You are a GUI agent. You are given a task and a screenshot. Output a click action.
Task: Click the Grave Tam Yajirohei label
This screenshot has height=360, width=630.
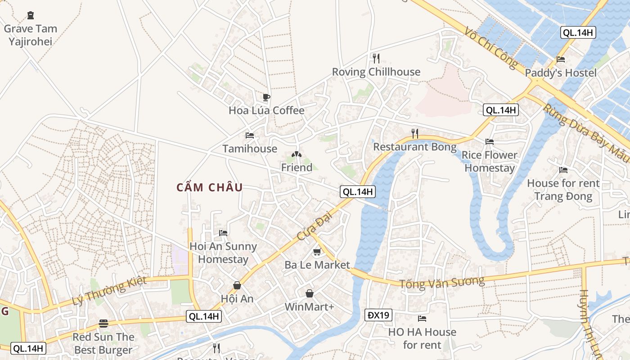click(x=31, y=35)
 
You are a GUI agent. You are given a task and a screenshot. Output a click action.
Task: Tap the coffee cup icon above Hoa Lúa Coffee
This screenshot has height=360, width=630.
click(x=266, y=97)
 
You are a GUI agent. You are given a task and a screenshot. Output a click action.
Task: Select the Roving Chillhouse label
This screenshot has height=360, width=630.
click(x=376, y=72)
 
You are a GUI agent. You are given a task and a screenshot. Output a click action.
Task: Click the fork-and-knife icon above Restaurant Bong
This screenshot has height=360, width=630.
click(x=414, y=133)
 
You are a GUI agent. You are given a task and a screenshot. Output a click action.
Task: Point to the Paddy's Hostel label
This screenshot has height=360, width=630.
click(x=560, y=73)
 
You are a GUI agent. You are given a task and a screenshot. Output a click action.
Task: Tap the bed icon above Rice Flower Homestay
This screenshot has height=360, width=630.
click(x=490, y=142)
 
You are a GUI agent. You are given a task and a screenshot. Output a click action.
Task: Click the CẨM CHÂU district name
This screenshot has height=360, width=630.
click(x=210, y=188)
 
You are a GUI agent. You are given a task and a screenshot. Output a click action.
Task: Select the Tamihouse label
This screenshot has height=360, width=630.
click(x=250, y=148)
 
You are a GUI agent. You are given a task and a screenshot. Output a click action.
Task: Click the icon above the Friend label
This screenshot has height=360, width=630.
click(x=296, y=155)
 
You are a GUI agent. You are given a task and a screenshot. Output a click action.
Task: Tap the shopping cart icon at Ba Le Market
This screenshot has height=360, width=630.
click(x=317, y=252)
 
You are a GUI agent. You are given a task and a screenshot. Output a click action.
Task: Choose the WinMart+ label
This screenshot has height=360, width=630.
click(x=310, y=307)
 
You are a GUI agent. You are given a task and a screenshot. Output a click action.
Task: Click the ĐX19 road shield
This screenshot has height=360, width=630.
click(x=378, y=315)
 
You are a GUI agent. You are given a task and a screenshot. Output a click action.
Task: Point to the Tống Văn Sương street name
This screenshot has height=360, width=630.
click(x=442, y=282)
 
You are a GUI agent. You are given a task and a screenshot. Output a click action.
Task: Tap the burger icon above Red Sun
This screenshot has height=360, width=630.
click(x=103, y=324)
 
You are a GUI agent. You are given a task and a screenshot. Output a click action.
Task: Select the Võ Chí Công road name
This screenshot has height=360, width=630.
click(x=492, y=48)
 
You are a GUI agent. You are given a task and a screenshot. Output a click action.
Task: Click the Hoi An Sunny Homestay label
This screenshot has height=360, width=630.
click(x=223, y=253)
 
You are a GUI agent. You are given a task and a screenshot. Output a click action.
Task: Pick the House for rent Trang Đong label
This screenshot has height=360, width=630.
click(x=563, y=189)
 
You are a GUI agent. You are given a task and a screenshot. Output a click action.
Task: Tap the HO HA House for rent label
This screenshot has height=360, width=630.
click(x=422, y=338)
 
